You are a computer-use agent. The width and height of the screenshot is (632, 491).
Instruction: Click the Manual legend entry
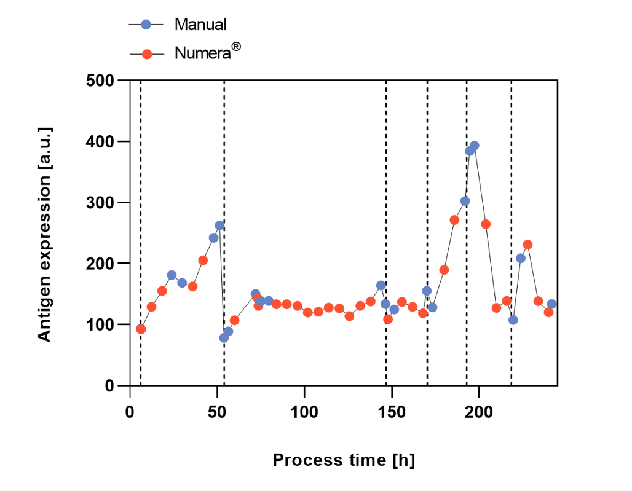[200, 25]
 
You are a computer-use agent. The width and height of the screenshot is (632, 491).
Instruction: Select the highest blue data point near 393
[474, 146]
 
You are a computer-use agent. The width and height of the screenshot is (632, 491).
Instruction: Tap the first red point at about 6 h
[141, 329]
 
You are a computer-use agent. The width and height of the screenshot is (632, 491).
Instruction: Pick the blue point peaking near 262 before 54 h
[219, 226]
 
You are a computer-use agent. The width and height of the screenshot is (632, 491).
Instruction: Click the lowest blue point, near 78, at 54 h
[224, 337]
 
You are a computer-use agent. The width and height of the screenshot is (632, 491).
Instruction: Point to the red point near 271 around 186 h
[454, 220]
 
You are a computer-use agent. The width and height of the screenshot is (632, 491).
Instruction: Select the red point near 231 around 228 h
[527, 245]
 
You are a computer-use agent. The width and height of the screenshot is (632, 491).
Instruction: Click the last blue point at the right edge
[551, 304]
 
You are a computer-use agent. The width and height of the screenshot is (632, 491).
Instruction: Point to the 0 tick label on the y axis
[109, 385]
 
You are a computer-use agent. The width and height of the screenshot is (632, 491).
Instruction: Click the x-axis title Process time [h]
[343, 460]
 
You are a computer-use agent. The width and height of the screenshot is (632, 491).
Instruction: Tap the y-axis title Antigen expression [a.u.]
[44, 234]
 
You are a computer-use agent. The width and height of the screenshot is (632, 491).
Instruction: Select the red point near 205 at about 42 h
[203, 260]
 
